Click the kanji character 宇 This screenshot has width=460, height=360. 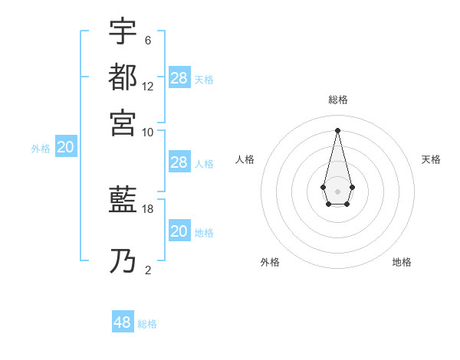tap(123, 31)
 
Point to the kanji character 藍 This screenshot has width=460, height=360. tap(123, 201)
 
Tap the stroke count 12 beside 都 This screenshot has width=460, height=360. tap(148, 87)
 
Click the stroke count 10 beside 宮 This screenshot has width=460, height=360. tap(148, 132)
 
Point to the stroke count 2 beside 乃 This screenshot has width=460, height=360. tap(147, 270)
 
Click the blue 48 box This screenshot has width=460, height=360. tap(123, 322)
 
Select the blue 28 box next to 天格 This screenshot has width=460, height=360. tap(179, 78)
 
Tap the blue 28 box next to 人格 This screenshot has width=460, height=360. tap(179, 162)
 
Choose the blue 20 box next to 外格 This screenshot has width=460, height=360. tap(66, 148)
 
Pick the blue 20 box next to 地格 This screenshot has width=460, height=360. tap(179, 231)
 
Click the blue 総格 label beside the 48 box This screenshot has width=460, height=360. tap(147, 324)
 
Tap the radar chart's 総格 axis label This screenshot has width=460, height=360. tap(338, 100)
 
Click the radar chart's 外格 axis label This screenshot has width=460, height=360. tap(270, 262)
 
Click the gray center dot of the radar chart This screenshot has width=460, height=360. tap(338, 191)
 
